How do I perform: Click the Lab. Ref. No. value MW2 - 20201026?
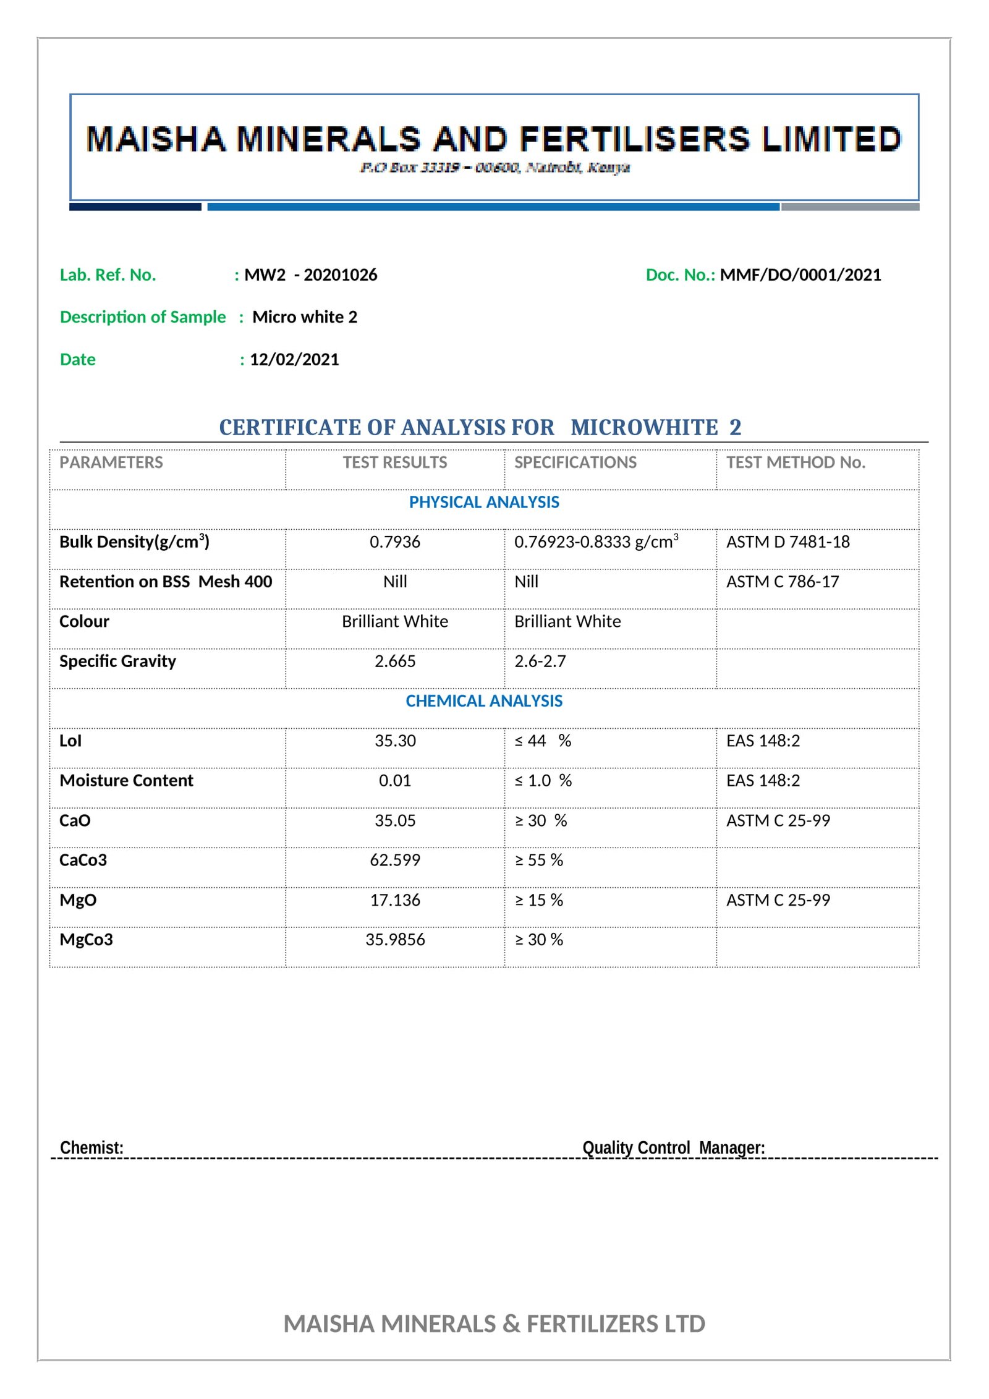(x=310, y=275)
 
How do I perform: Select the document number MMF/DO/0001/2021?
(x=800, y=275)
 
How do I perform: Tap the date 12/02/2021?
(x=294, y=360)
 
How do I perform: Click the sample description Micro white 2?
(x=305, y=317)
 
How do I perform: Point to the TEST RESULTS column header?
(x=395, y=462)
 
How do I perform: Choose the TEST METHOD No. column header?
(x=796, y=462)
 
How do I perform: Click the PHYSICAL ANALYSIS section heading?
(x=484, y=502)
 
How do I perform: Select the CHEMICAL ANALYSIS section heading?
(x=484, y=701)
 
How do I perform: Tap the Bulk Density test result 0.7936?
(x=395, y=542)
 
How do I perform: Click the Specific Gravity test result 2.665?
(x=395, y=661)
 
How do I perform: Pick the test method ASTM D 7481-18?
(x=788, y=542)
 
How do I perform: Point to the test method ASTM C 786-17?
(x=783, y=582)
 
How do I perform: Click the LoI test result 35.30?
(x=395, y=741)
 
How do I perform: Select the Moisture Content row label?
(x=126, y=781)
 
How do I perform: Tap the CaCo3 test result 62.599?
(x=395, y=860)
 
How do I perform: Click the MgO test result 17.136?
(x=395, y=900)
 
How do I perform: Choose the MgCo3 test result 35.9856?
(x=395, y=940)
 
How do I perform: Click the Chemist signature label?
(x=91, y=1147)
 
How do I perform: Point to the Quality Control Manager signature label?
(x=674, y=1147)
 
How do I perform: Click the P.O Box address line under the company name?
(x=494, y=168)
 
